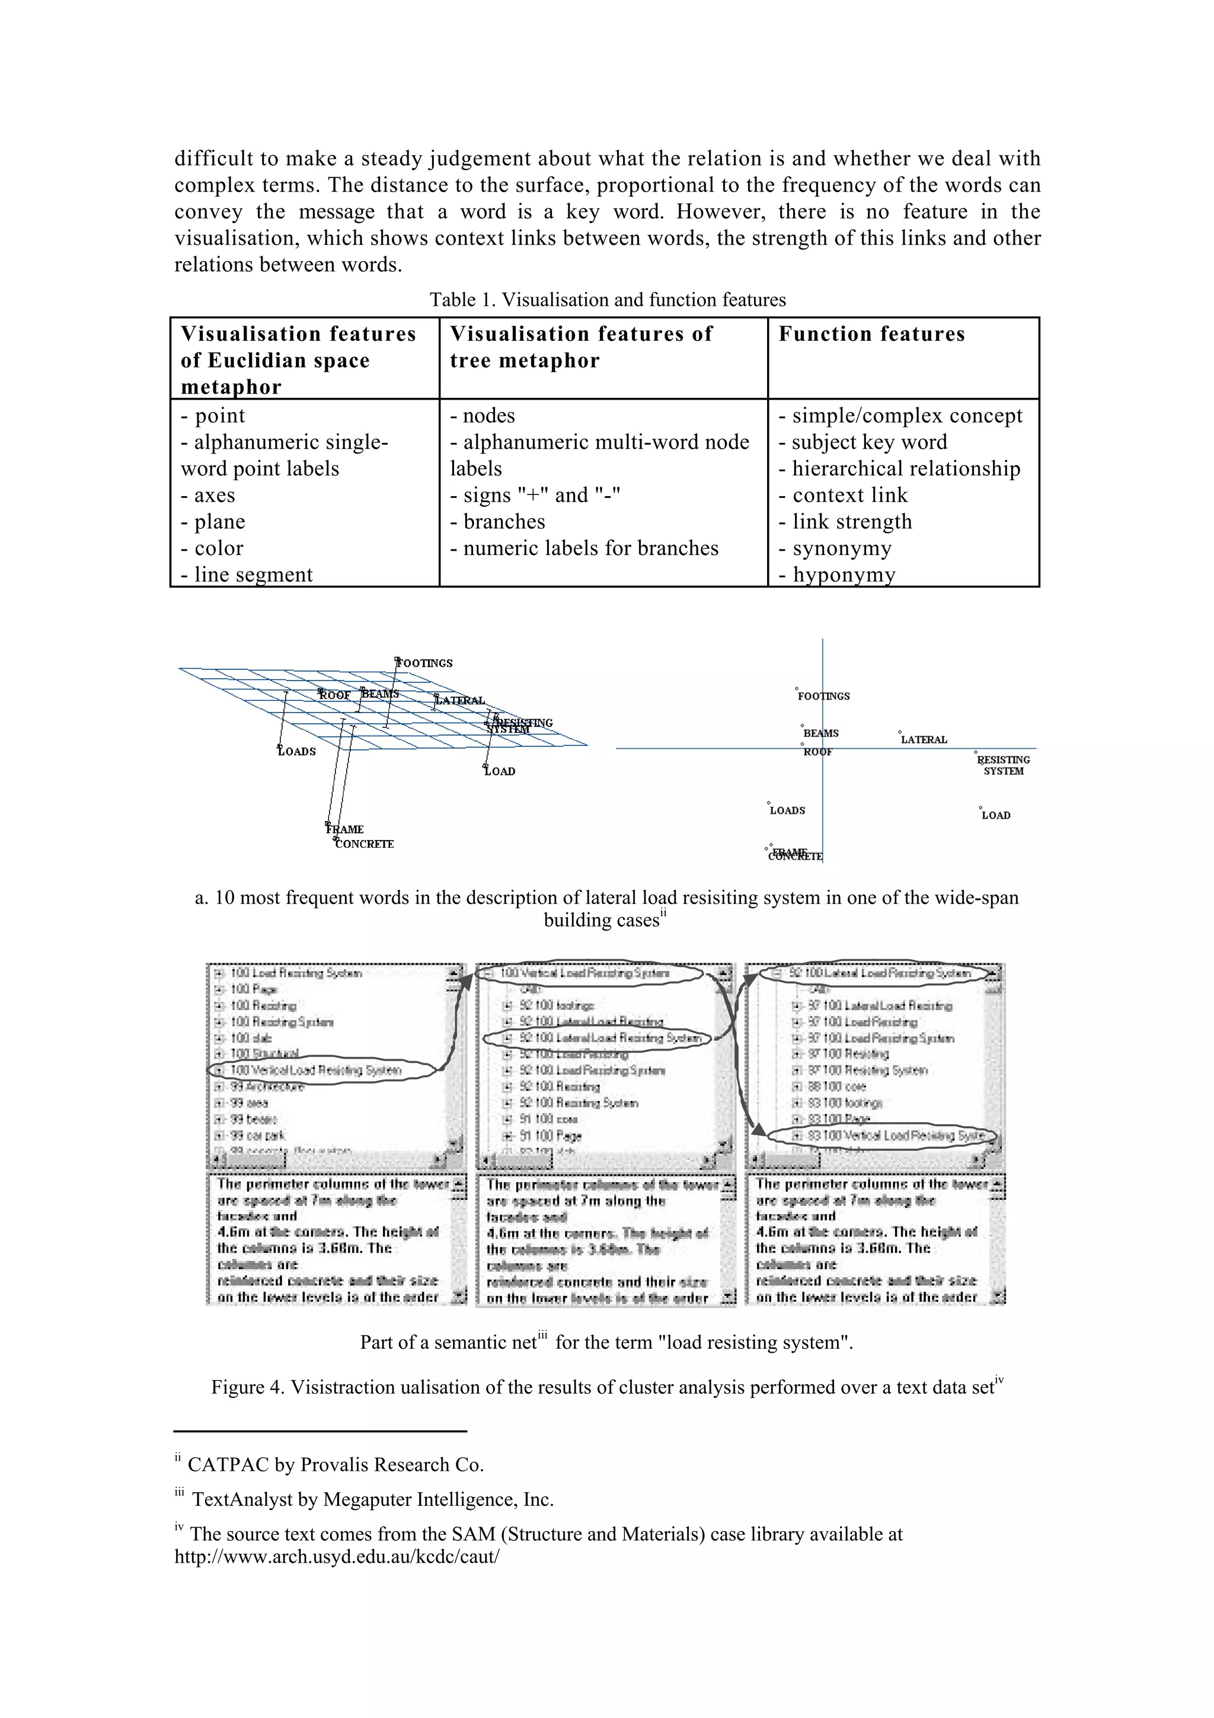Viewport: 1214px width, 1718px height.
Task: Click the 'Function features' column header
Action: pos(871,334)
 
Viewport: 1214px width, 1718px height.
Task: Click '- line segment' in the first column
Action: pos(247,574)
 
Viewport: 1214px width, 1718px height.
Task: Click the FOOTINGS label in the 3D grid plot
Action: pos(425,663)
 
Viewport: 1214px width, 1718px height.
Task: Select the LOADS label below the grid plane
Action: pos(297,751)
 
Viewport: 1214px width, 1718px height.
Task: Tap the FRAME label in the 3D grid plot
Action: pos(345,829)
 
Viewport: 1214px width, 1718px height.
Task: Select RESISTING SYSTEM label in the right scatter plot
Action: pos(1003,765)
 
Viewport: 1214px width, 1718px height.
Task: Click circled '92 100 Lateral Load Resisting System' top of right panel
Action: pos(879,973)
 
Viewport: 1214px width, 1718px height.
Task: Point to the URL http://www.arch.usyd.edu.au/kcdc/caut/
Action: pos(337,1557)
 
